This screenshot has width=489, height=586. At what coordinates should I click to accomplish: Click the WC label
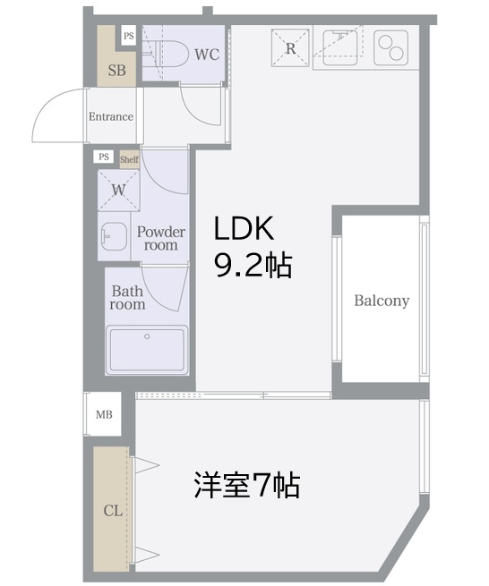click(207, 55)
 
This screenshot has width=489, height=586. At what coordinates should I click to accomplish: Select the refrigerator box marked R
click(290, 47)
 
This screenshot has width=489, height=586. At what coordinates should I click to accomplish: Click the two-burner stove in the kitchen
click(390, 47)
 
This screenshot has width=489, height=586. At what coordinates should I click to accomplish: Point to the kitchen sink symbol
click(340, 47)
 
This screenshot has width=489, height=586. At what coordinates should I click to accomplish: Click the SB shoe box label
click(116, 71)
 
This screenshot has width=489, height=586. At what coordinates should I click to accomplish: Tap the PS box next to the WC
click(129, 36)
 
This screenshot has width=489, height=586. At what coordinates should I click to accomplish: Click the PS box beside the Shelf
click(104, 157)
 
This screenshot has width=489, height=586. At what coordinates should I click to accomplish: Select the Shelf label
click(129, 159)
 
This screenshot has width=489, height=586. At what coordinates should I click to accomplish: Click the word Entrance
click(111, 116)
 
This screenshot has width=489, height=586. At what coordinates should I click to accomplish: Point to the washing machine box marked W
click(118, 191)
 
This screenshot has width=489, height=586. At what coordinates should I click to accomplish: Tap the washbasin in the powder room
click(114, 236)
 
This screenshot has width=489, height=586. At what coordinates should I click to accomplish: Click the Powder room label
click(161, 239)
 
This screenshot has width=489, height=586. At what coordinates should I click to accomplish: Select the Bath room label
click(127, 298)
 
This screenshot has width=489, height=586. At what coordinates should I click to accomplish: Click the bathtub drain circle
click(147, 336)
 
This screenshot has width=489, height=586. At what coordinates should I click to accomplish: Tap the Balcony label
click(382, 301)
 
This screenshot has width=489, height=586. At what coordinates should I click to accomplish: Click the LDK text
click(244, 228)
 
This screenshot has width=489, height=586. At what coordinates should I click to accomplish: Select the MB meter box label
click(104, 414)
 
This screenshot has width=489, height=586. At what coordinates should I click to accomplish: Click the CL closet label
click(113, 510)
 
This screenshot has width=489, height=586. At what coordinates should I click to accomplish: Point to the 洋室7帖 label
click(247, 485)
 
